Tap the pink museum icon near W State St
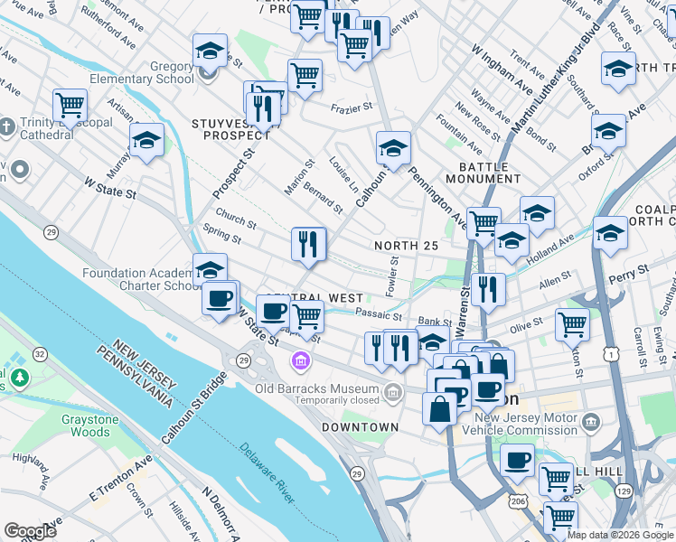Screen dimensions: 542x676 point(300,361)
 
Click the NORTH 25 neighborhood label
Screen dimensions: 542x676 point(406,246)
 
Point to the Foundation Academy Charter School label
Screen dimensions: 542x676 point(140,279)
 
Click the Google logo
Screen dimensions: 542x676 point(30,531)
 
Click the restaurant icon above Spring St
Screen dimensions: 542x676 point(308,244)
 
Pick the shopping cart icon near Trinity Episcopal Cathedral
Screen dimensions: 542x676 point(70,105)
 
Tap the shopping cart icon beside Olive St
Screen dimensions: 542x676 point(572,323)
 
